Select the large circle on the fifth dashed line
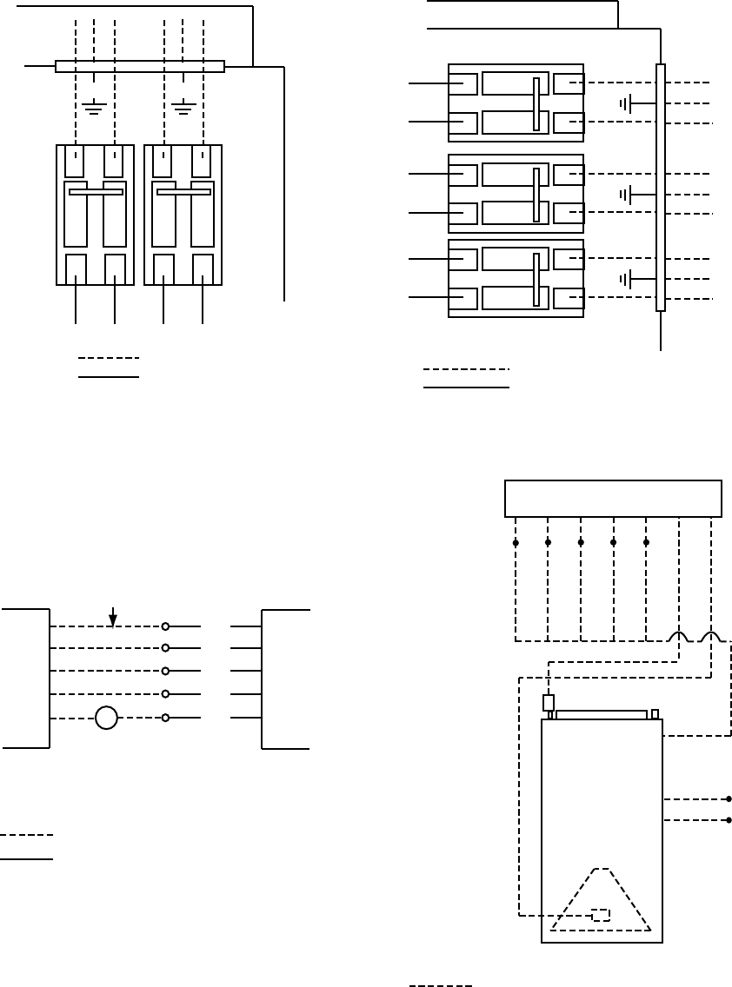tap(106, 719)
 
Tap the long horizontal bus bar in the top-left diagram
tap(140, 66)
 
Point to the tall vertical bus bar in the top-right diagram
tap(661, 187)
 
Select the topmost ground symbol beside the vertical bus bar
tap(626, 104)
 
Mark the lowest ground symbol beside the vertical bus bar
tap(626, 279)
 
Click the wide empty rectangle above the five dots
tap(614, 499)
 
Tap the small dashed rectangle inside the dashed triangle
tap(601, 914)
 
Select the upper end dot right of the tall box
tap(729, 798)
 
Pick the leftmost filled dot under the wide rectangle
tap(516, 543)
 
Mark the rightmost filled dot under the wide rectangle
tap(646, 543)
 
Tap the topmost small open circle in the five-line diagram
tap(165, 626)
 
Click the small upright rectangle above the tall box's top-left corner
tap(549, 703)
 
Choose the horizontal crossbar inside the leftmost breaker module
tap(96, 192)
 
